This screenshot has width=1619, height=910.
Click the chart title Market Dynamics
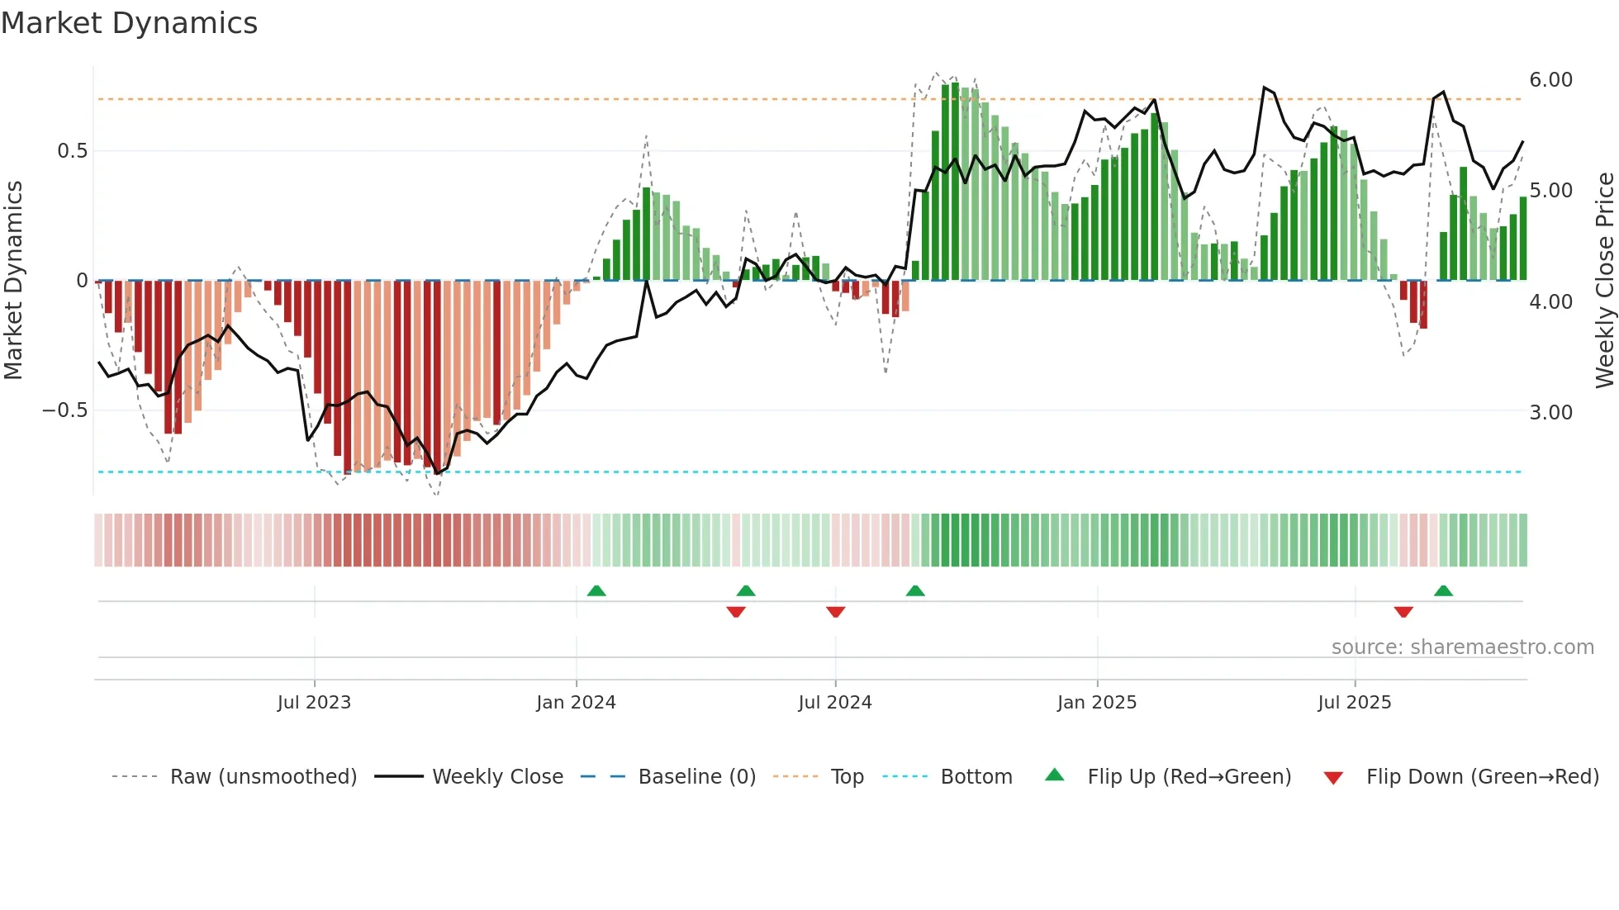[x=129, y=23]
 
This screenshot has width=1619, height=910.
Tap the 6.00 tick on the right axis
[x=1550, y=80]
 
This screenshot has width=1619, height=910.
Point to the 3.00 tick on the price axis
[x=1550, y=412]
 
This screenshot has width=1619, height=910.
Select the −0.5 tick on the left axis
[x=65, y=410]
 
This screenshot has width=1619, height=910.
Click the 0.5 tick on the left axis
[x=72, y=151]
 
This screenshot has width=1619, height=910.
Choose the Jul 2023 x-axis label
[x=314, y=703]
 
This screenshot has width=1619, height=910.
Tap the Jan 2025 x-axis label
[x=1096, y=703]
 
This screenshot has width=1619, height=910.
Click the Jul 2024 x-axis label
[x=834, y=703]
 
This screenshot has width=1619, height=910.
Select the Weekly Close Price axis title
[x=1604, y=281]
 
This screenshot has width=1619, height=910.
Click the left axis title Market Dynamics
[x=13, y=281]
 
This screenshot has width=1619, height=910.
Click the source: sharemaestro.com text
[x=1462, y=647]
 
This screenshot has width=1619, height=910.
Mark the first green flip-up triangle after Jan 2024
[x=596, y=590]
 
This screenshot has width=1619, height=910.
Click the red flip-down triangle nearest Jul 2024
[x=835, y=612]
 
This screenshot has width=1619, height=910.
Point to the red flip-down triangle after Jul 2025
[x=1403, y=612]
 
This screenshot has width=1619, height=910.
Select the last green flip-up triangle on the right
[x=1443, y=590]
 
